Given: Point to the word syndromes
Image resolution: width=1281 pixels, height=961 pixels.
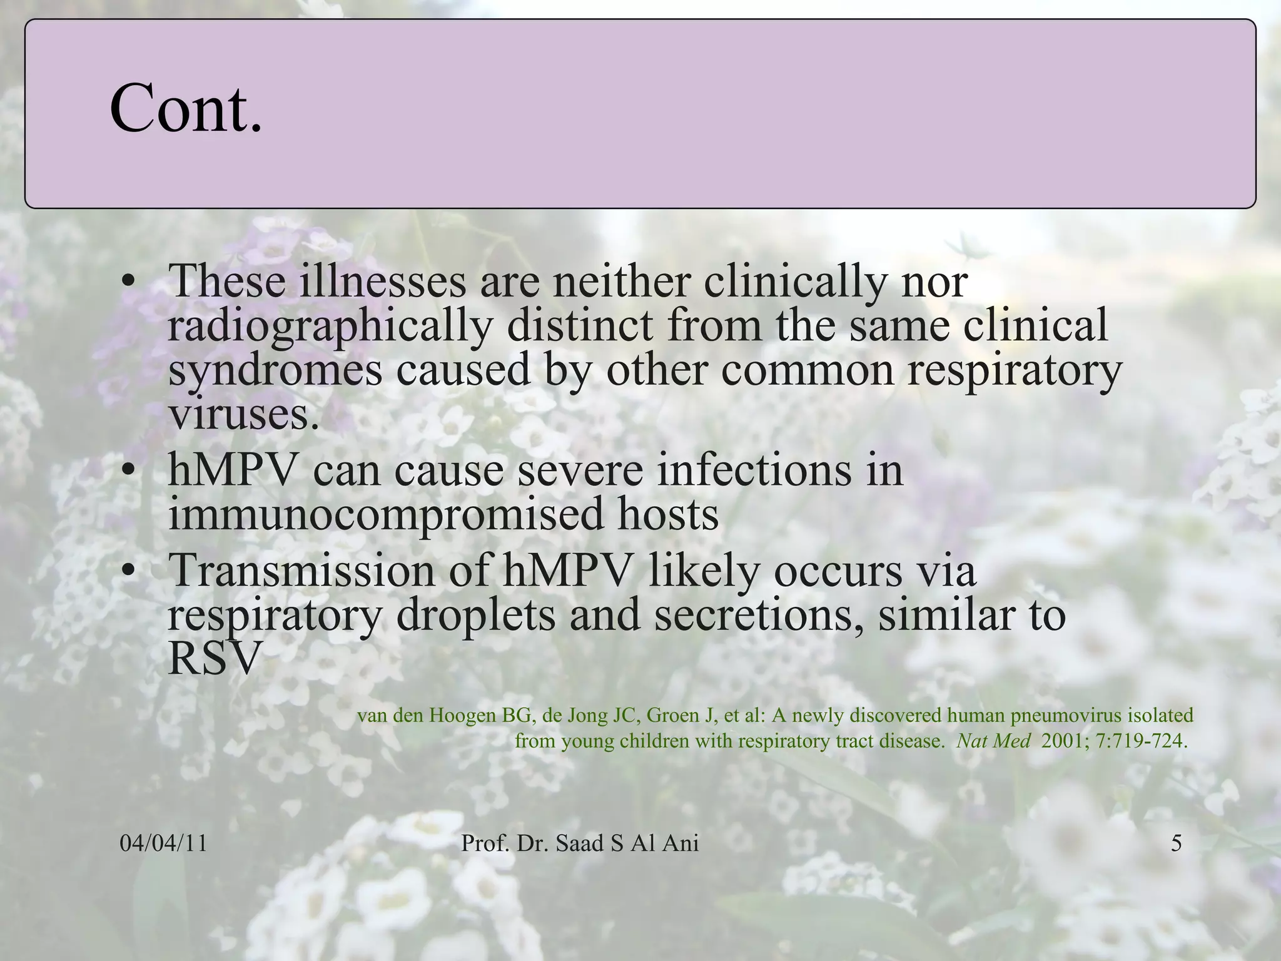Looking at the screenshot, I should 275,370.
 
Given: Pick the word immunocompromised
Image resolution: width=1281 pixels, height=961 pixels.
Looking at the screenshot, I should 385,514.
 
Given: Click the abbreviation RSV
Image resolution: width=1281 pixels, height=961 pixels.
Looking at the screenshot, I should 213,659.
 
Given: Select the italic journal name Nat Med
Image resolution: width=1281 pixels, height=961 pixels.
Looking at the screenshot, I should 993,741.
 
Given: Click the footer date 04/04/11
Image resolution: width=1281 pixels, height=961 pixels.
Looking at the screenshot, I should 163,844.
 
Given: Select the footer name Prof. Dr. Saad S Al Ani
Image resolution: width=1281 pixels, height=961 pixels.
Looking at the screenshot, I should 580,844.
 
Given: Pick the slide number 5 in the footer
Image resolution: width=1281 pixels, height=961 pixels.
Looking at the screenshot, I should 1177,844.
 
